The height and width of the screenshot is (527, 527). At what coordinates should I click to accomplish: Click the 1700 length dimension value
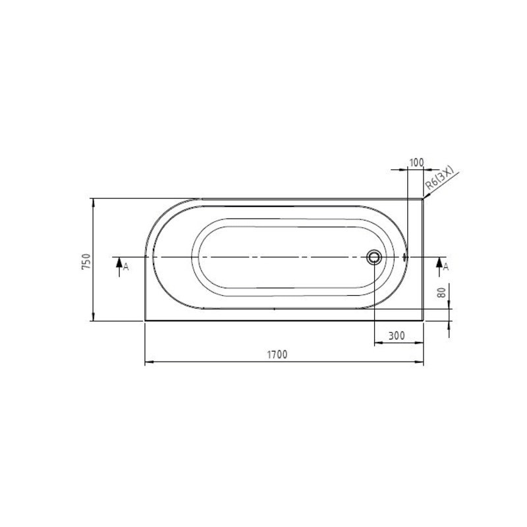pyautogui.click(x=277, y=354)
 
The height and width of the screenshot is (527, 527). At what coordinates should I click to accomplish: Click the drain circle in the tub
pyautogui.click(x=374, y=256)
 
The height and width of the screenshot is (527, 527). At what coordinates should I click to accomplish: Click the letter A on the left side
pyautogui.click(x=126, y=266)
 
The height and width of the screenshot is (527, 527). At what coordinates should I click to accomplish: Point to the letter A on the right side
pyautogui.click(x=446, y=266)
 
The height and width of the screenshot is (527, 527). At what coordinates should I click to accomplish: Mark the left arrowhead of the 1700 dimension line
pyautogui.click(x=147, y=362)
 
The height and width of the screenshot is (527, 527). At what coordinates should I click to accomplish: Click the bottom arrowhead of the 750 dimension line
pyautogui.click(x=92, y=318)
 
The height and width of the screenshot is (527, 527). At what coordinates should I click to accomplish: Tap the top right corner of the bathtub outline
pyautogui.click(x=424, y=198)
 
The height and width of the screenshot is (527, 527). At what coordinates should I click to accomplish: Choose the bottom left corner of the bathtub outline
pyautogui.click(x=145, y=321)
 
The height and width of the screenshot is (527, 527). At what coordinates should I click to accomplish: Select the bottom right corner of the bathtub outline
pyautogui.click(x=424, y=321)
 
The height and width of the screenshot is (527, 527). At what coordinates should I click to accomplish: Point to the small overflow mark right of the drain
pyautogui.click(x=406, y=256)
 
